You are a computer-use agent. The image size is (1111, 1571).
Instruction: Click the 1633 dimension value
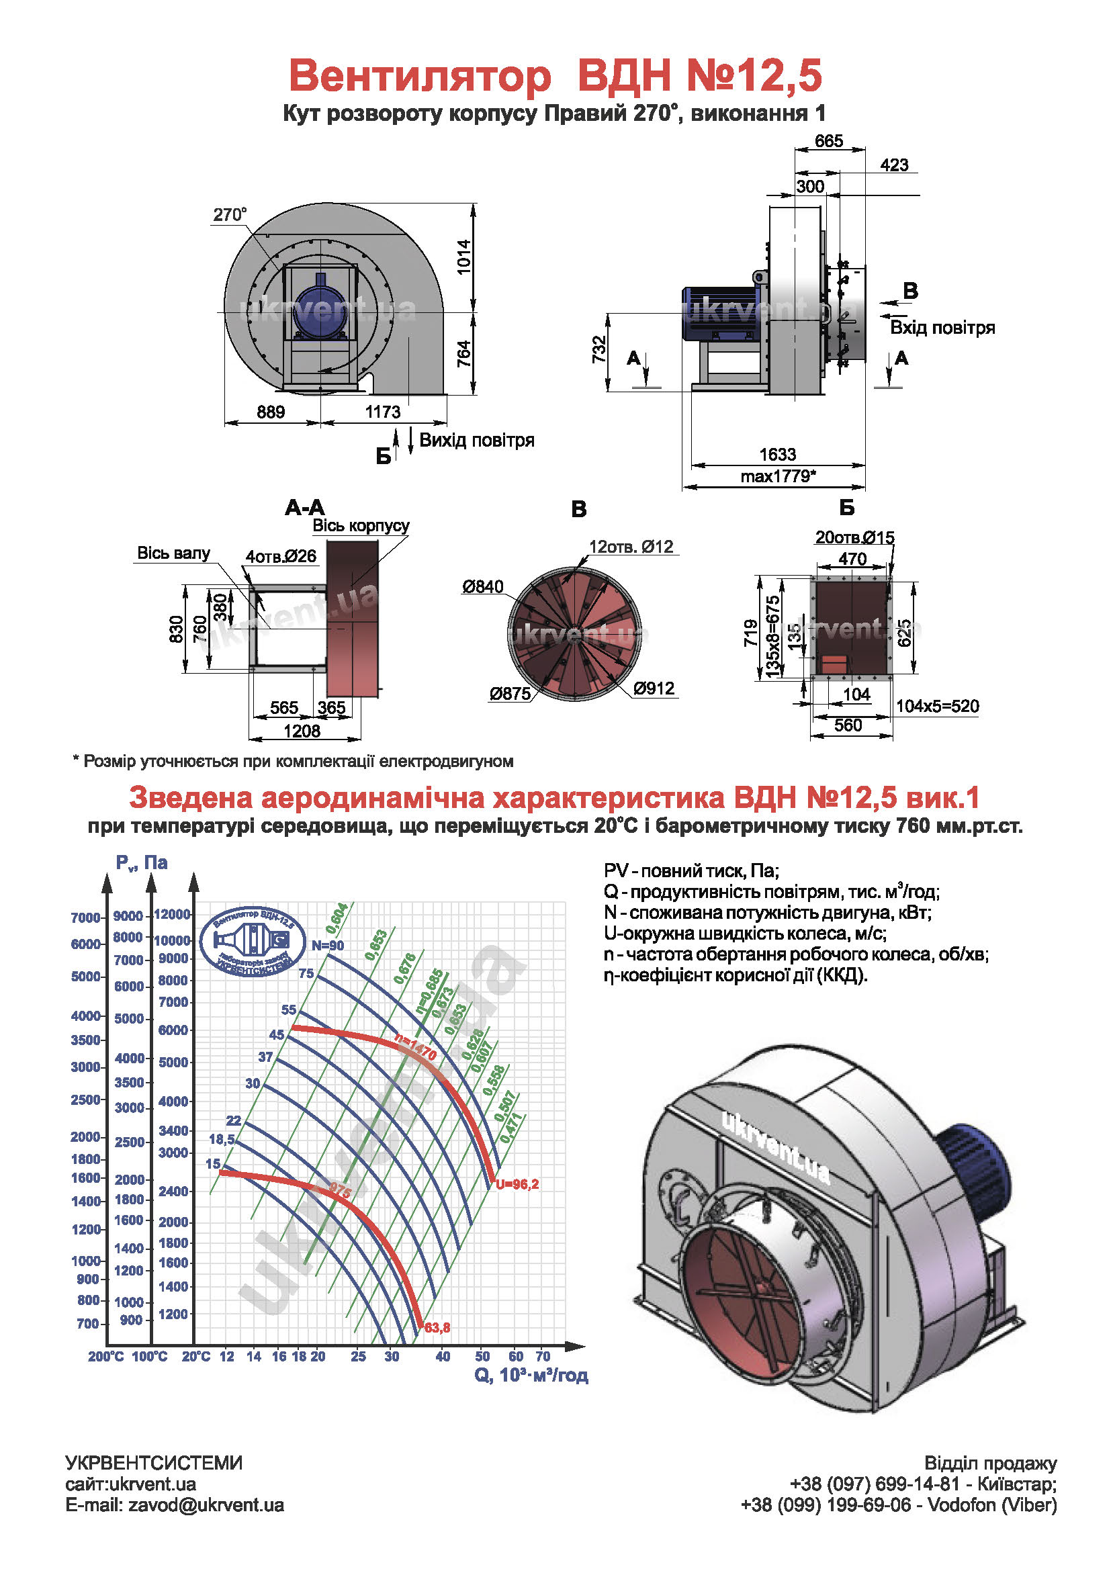(777, 454)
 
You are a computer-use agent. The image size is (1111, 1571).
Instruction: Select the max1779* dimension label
(778, 476)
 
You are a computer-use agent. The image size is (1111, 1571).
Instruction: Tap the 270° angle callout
(230, 215)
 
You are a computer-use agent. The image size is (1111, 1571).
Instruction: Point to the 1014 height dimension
(464, 257)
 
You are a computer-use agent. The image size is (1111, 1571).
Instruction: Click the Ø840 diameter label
(482, 586)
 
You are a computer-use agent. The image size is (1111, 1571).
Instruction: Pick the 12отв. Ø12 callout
(631, 547)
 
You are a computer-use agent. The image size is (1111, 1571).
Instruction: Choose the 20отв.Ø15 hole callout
(854, 537)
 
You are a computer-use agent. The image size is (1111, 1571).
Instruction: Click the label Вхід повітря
(942, 328)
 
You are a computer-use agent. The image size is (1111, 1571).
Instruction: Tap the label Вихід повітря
(476, 440)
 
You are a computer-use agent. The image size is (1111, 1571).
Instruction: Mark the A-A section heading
(305, 508)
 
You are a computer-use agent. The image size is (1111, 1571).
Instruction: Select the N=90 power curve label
(328, 946)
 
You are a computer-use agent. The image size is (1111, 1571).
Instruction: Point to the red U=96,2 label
(517, 1183)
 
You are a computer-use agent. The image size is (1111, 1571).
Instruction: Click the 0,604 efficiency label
(337, 917)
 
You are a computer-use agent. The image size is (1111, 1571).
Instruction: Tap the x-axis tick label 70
(543, 1356)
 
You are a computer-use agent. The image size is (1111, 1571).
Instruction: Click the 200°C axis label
(105, 1357)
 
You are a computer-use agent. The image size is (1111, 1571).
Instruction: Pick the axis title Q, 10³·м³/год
(531, 1376)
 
